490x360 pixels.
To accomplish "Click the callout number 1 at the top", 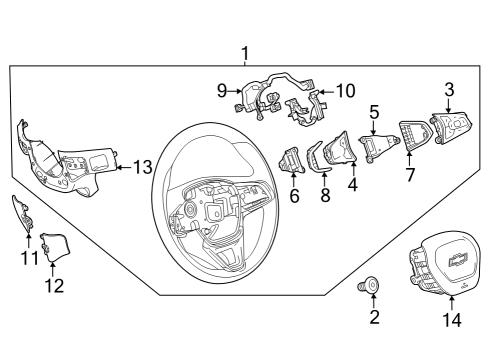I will point(245,52).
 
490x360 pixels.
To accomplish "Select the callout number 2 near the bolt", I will point(375,318).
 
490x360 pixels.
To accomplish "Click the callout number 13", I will point(144,166).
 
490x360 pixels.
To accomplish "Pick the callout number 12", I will point(53,286).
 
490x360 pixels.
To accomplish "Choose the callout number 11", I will point(29,259).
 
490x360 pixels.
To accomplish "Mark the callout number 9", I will point(223,89).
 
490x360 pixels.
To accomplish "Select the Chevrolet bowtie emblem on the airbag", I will point(458,262).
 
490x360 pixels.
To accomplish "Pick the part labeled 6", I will point(291,159).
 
